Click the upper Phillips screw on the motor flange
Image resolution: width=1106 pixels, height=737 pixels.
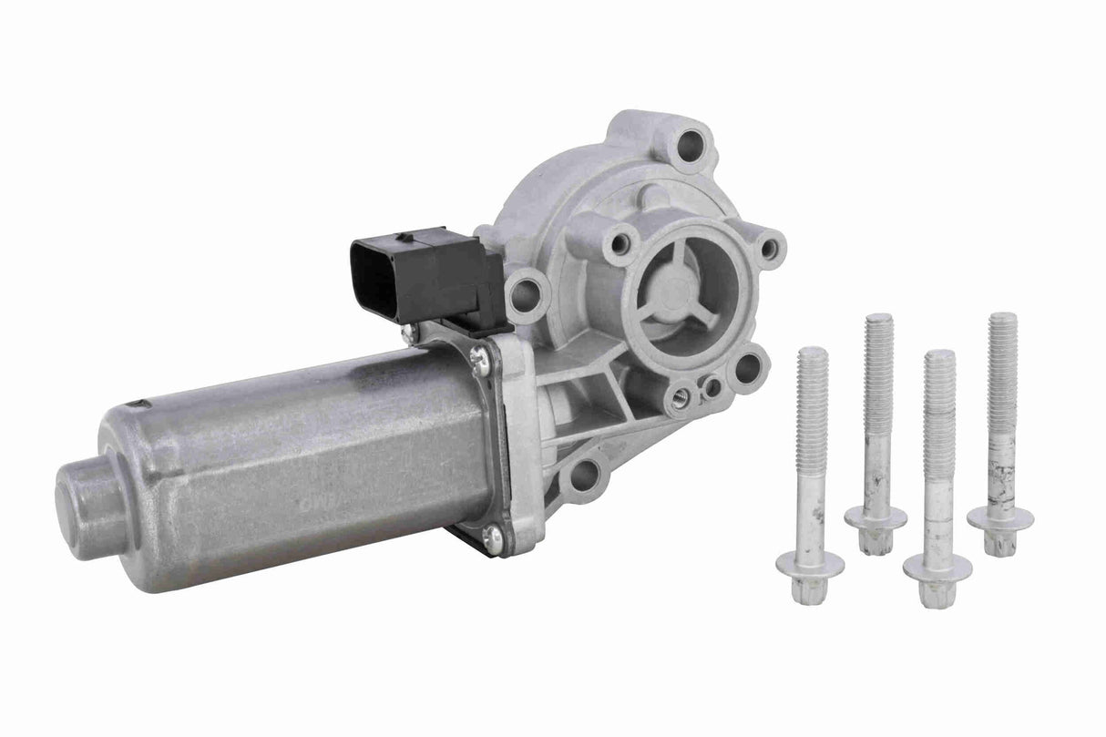pos(480,363)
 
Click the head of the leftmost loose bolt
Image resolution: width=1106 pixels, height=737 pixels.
pos(810,564)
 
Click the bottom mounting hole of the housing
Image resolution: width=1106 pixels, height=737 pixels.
pos(584,475)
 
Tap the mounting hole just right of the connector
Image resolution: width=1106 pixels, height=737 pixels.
pos(527,293)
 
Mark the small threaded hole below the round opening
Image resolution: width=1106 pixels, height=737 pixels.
pos(680,396)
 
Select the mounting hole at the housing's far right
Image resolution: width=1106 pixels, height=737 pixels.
pos(770,247)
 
